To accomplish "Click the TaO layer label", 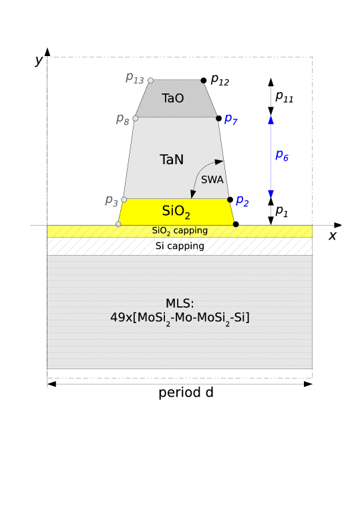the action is [173, 98].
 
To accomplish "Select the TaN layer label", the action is [172, 160].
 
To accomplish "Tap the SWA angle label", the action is [212, 180].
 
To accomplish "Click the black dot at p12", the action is [204, 81].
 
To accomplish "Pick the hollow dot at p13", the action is [151, 81].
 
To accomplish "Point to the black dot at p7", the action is [219, 118].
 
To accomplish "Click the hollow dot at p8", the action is [136, 118].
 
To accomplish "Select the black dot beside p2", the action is [230, 200].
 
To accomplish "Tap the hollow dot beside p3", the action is [124, 200].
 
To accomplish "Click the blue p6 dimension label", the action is [282, 156].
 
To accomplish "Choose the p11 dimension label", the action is [284, 97].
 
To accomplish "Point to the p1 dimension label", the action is [281, 211].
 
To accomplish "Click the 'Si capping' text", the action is [180, 246].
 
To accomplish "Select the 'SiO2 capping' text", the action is [180, 230].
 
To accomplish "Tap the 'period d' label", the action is [186, 392].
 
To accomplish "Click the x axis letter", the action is [332, 236].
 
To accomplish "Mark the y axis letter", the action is [39, 61].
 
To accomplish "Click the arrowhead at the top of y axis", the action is [47, 51].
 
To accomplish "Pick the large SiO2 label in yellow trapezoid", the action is [176, 212].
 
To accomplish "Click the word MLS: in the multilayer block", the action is [180, 304].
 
